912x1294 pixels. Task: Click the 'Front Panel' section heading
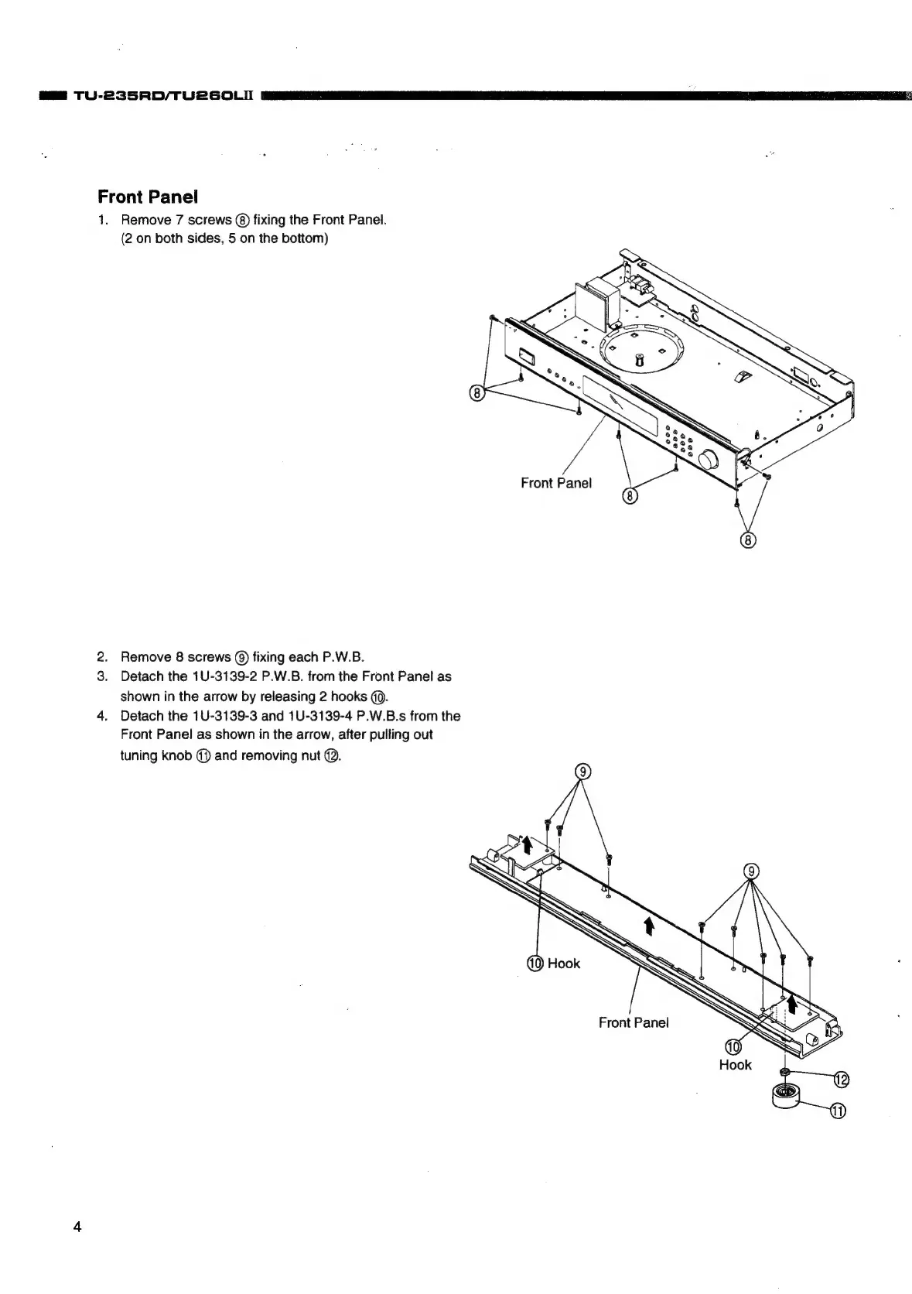tap(148, 197)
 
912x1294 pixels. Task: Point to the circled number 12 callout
tap(840, 1080)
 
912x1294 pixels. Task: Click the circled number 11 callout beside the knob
tap(838, 1111)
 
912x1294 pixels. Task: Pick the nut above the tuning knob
tap(784, 1071)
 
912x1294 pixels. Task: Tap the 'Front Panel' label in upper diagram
tap(556, 483)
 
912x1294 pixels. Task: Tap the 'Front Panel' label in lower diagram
tap(633, 1022)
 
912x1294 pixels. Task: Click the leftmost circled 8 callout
tap(477, 393)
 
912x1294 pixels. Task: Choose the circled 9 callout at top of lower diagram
tap(584, 771)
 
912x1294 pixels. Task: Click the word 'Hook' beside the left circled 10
tap(563, 963)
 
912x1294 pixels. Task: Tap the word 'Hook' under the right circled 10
tap(735, 1065)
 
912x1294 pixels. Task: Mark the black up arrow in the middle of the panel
tap(649, 924)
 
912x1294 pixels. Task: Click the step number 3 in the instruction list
tap(102, 676)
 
